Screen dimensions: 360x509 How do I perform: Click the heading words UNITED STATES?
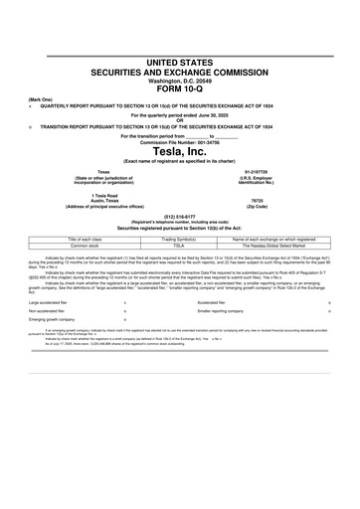point(180,63)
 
